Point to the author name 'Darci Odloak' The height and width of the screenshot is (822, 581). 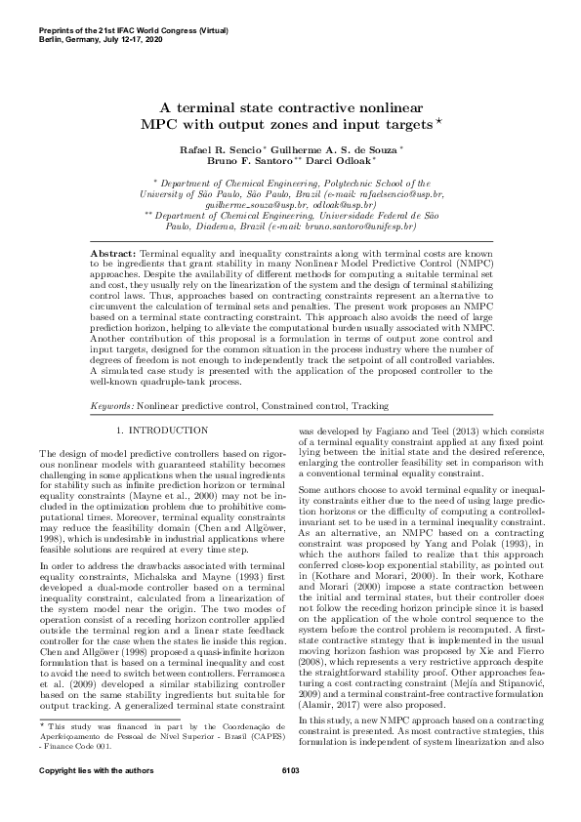[x=345, y=161]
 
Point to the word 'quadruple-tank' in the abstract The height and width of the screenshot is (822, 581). [x=175, y=382]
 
